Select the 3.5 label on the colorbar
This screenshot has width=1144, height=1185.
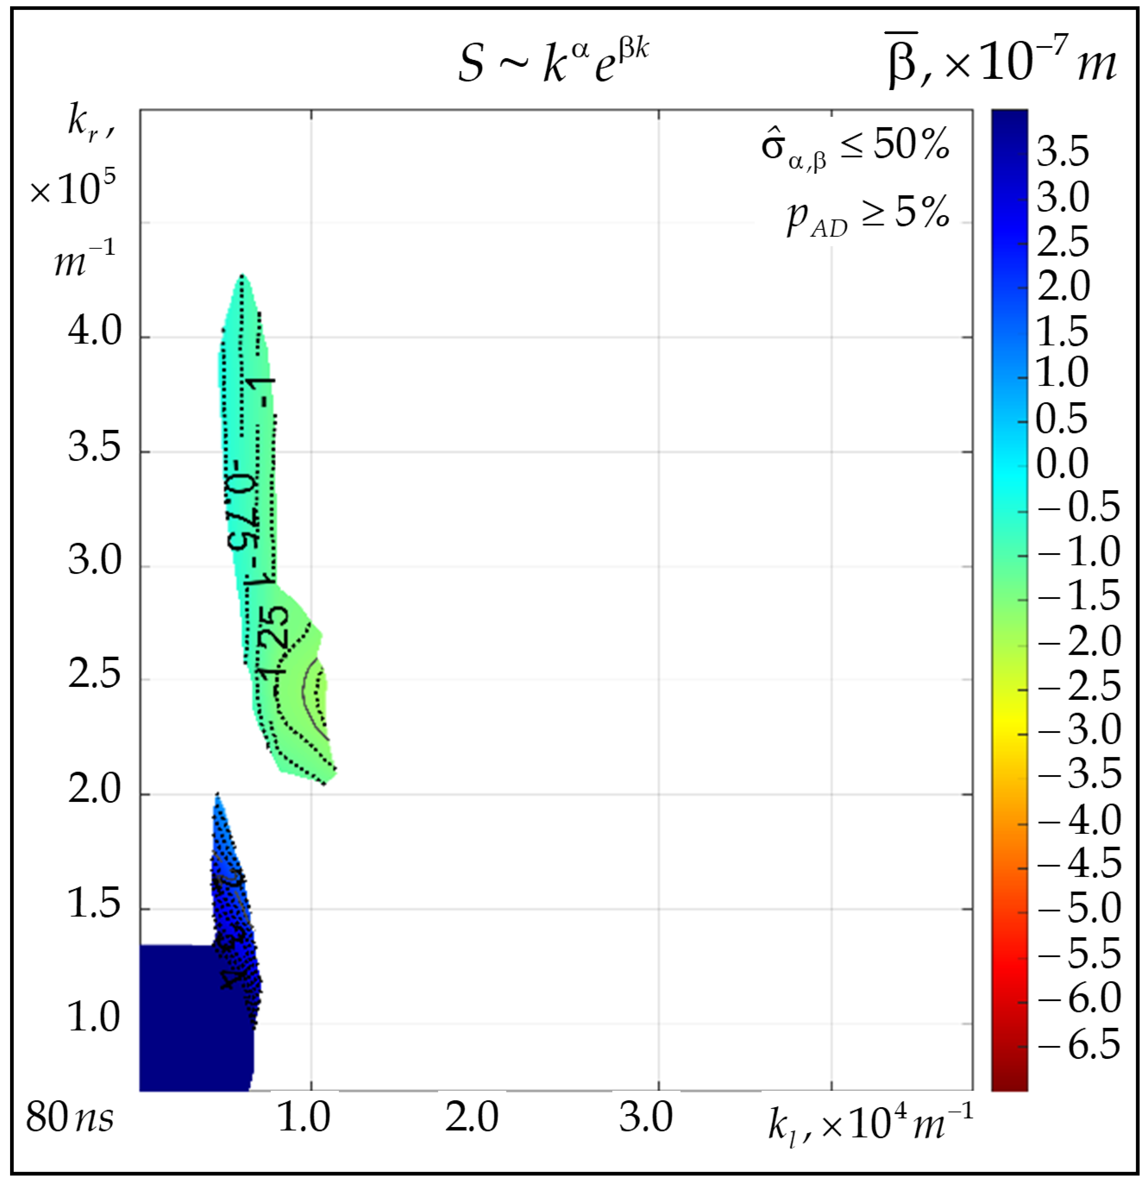click(1062, 151)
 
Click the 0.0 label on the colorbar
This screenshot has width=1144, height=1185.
click(1062, 464)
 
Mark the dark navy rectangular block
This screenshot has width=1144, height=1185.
click(194, 1016)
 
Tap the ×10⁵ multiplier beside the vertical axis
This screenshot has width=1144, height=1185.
click(73, 189)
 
